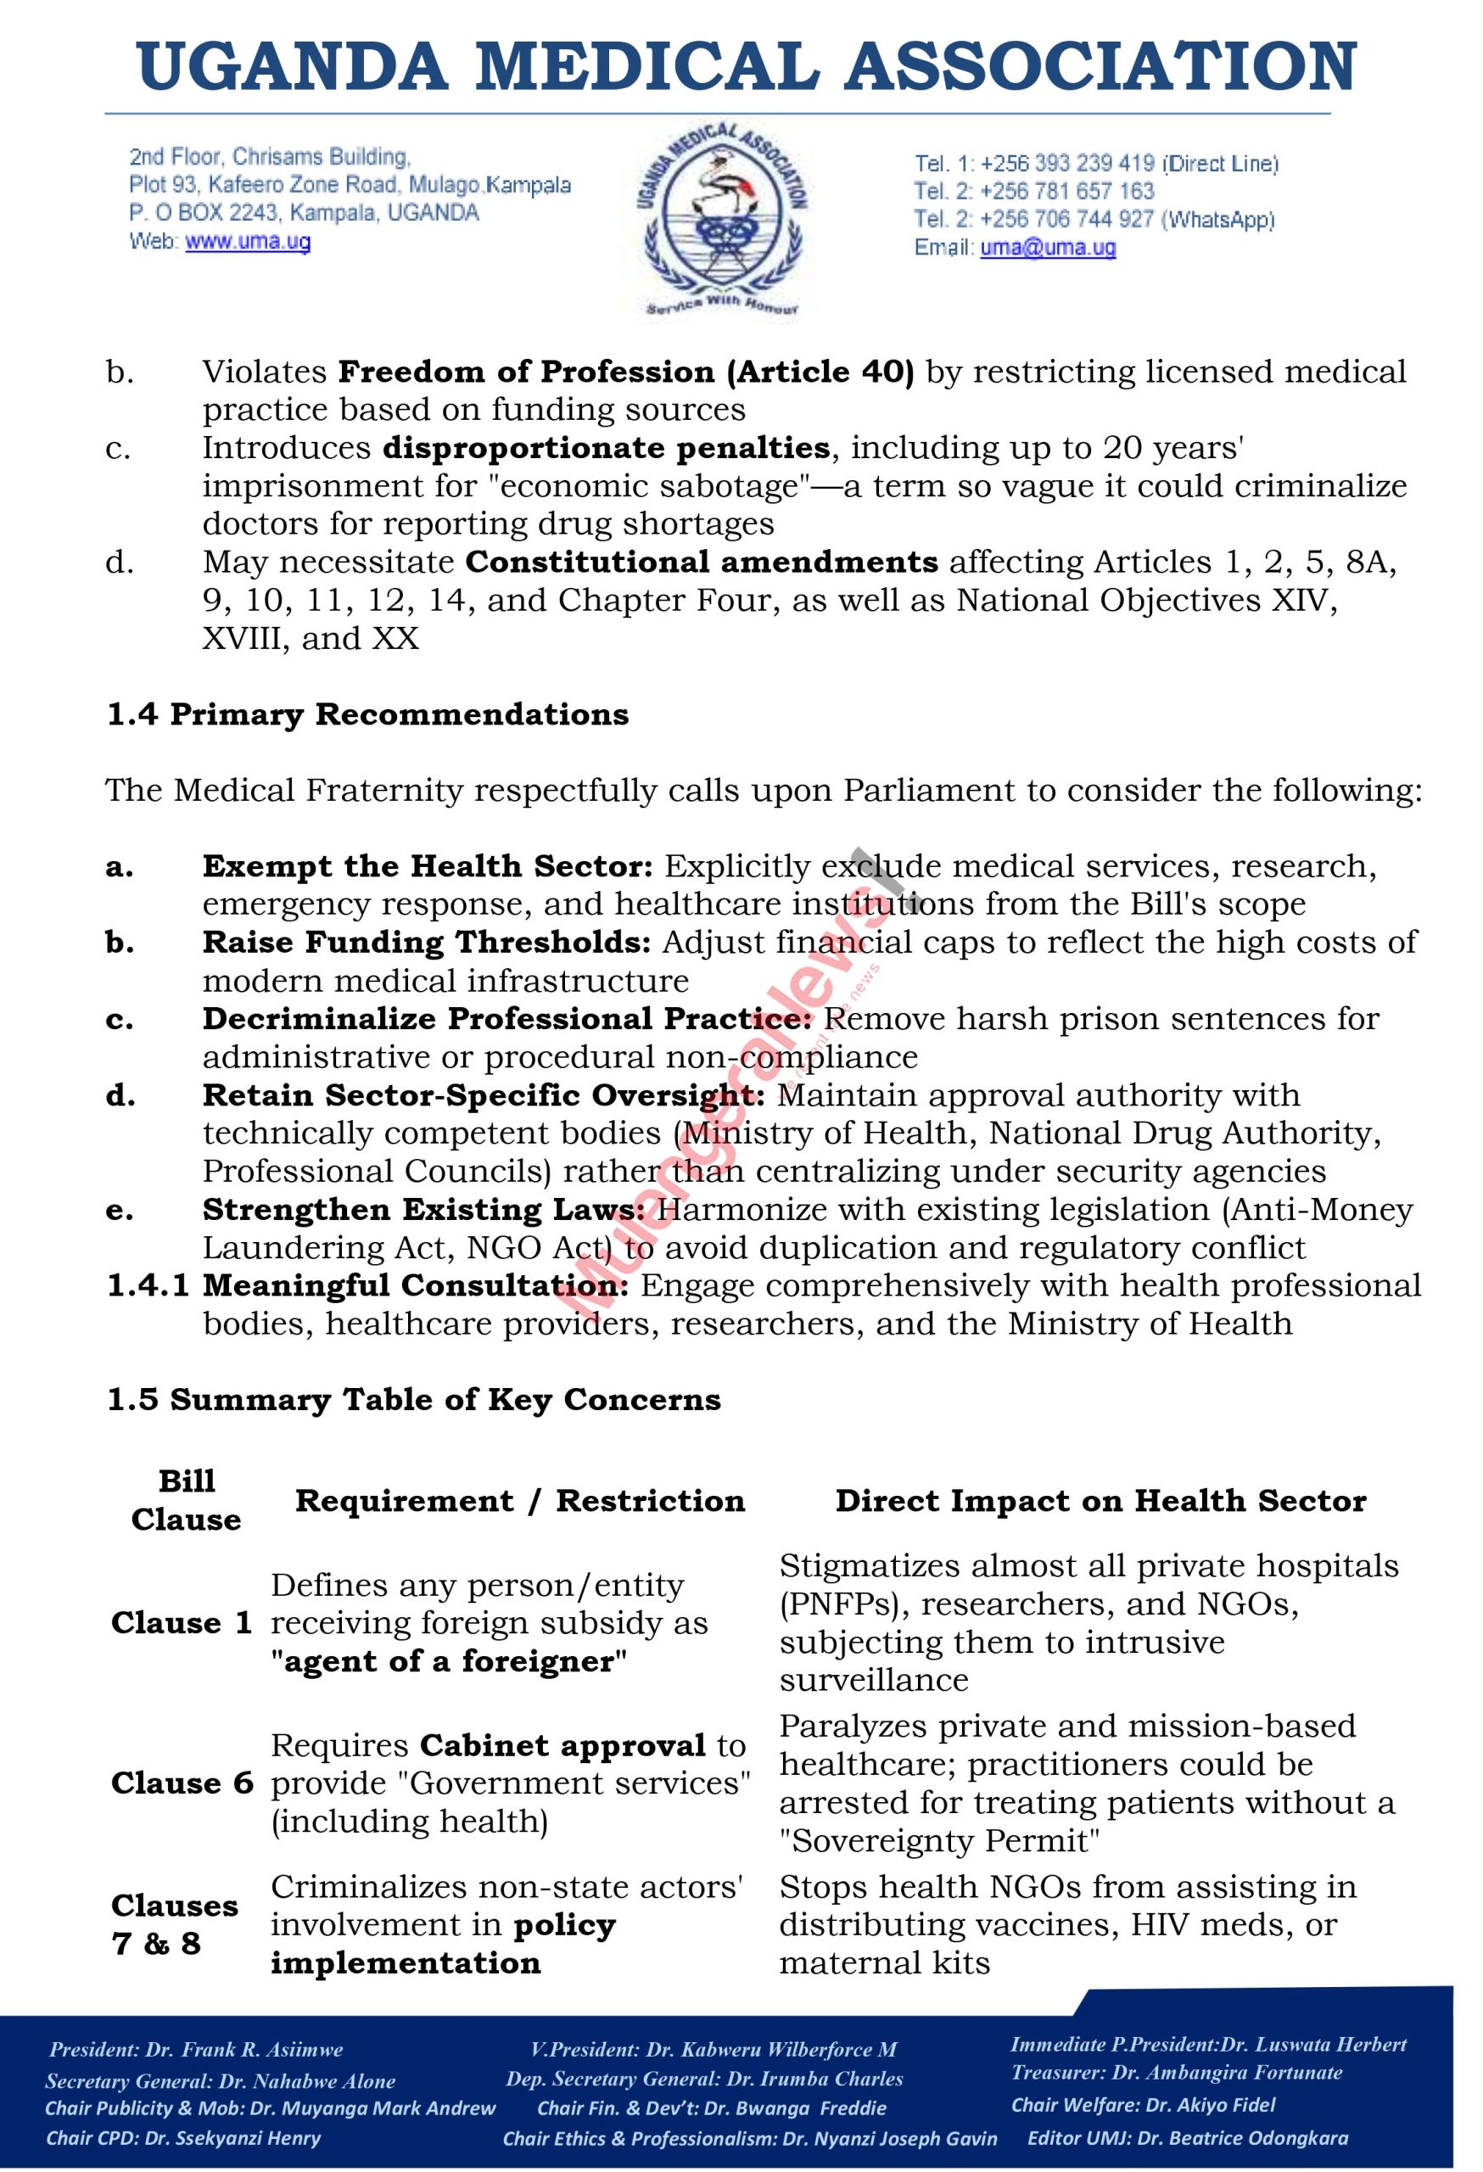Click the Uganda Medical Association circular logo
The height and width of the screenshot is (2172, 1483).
[x=722, y=221]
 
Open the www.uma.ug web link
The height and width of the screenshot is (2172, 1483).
[x=248, y=242]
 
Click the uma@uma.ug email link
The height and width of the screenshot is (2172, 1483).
[x=1048, y=248]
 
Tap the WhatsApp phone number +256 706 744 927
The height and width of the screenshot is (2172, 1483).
[x=1068, y=220]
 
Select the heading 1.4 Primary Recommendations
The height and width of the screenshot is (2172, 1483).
[x=367, y=715]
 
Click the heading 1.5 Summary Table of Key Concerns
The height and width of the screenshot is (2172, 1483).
[x=414, y=1400]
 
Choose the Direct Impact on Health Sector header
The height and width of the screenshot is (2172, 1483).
[x=1100, y=1501]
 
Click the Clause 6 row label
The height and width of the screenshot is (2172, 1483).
[x=182, y=1783]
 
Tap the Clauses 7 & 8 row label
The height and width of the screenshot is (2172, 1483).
[x=174, y=1924]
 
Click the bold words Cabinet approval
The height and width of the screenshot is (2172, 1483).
[x=562, y=1745]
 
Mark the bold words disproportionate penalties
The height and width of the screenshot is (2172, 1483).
[x=606, y=448]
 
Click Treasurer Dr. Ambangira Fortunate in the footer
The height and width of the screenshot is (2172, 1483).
[x=1178, y=2072]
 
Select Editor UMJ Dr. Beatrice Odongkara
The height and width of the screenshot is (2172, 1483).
[x=1188, y=2137]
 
